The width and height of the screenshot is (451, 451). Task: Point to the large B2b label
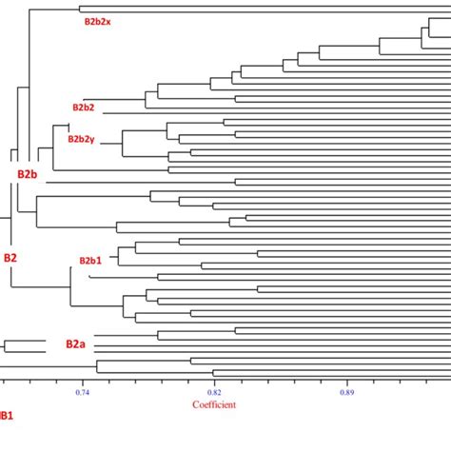click(x=27, y=174)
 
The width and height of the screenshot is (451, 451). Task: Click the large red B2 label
click(x=10, y=258)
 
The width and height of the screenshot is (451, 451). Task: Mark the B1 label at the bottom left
click(x=5, y=416)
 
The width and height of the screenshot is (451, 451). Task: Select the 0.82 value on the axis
click(x=214, y=391)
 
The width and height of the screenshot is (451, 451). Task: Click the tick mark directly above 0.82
click(x=214, y=380)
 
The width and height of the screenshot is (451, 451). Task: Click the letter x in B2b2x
click(x=108, y=21)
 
